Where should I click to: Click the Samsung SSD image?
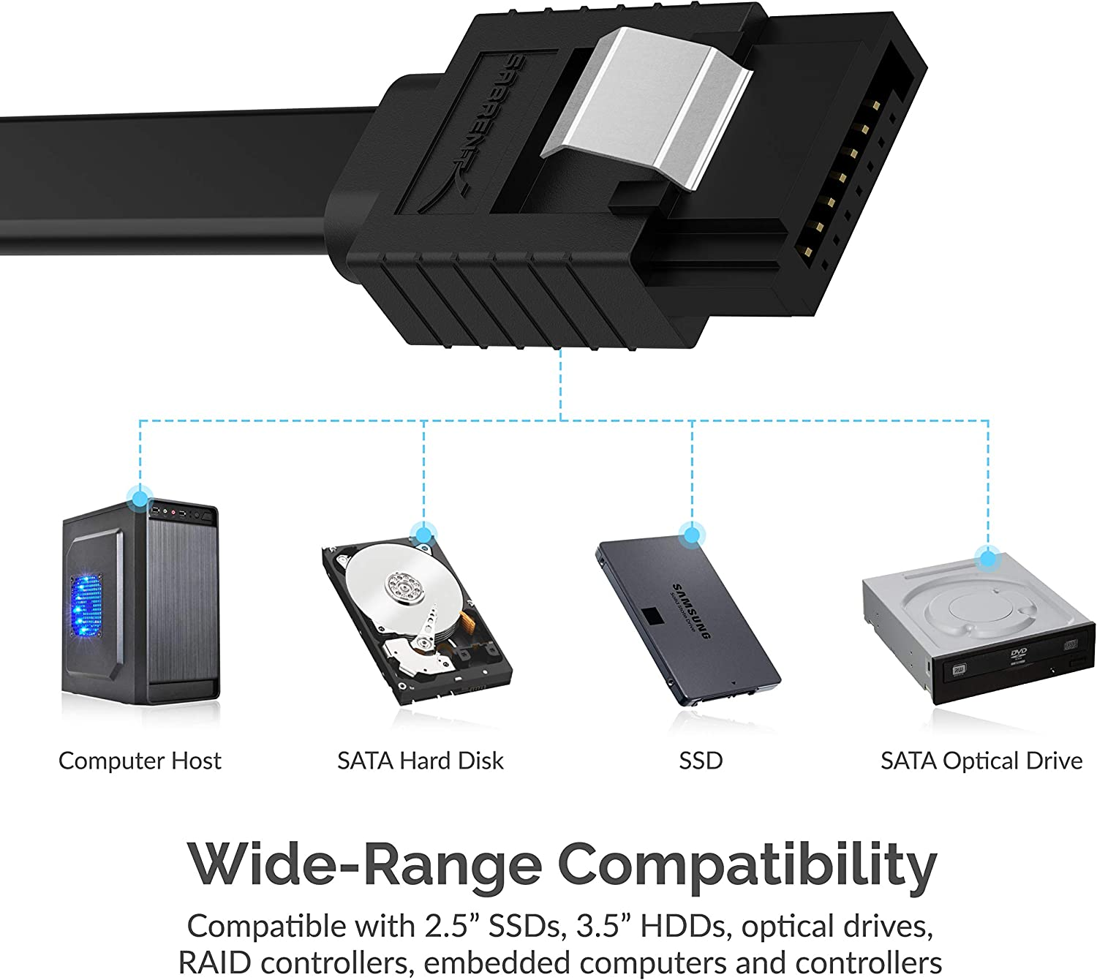click(x=687, y=622)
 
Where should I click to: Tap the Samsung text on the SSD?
click(x=690, y=611)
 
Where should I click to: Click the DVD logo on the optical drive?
click(x=1018, y=653)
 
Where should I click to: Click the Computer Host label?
click(x=140, y=761)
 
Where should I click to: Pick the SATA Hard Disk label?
click(x=421, y=761)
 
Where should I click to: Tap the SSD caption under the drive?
click(x=701, y=761)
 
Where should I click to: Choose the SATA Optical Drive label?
click(x=981, y=761)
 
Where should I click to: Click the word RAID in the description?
click(x=213, y=962)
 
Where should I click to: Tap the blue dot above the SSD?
click(x=691, y=535)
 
